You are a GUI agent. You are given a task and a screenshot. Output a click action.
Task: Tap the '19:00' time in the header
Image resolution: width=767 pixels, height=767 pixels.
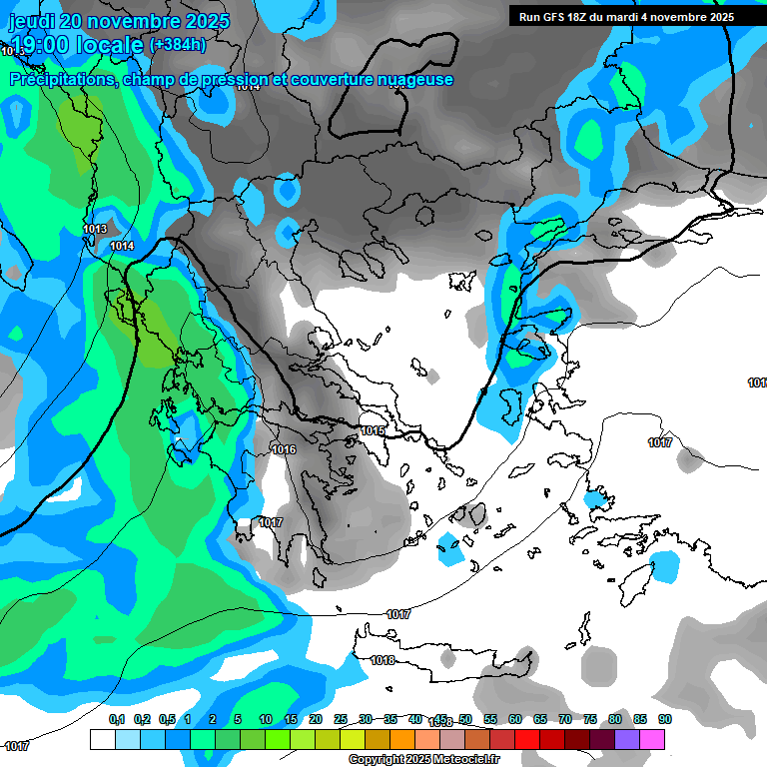[x=39, y=45]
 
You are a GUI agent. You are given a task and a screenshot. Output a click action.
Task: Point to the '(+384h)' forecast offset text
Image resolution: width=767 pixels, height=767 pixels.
[x=178, y=44]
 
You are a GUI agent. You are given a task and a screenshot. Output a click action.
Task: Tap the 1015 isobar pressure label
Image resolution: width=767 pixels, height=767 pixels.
[x=373, y=430]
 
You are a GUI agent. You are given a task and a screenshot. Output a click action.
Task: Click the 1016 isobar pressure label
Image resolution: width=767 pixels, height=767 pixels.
[x=284, y=449]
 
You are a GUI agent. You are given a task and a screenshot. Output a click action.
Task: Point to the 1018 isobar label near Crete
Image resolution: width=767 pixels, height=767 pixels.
[x=383, y=660]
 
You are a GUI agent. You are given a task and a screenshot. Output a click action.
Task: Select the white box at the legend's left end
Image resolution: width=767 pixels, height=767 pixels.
[x=102, y=740]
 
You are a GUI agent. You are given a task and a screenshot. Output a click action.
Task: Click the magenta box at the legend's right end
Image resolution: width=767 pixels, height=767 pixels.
[x=651, y=740]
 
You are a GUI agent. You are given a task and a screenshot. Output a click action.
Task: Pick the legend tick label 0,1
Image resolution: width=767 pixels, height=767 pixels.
[x=117, y=719]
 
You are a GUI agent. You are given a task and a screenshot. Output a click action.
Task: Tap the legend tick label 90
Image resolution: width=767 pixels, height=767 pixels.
[x=664, y=719]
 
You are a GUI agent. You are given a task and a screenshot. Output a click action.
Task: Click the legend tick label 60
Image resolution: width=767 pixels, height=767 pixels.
[x=514, y=719]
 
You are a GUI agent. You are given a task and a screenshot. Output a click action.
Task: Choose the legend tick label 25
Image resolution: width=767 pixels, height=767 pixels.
[x=340, y=719]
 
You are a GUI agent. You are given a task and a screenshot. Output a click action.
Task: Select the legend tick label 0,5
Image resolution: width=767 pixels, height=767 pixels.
[x=167, y=719]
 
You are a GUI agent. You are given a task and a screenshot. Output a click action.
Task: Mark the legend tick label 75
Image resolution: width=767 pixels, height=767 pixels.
[x=589, y=719]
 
